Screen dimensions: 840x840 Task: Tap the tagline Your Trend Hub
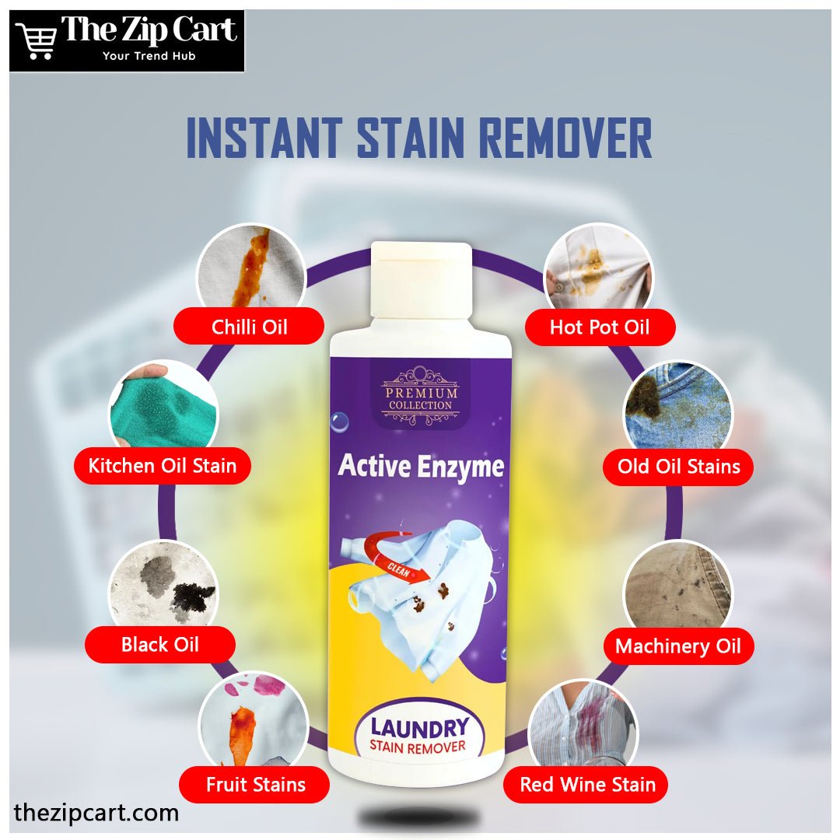click(149, 56)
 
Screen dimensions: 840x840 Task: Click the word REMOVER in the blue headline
click(565, 138)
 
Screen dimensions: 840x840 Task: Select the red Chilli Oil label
click(249, 326)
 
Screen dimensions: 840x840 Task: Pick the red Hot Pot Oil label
click(600, 327)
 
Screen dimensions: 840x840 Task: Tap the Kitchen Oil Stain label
click(163, 466)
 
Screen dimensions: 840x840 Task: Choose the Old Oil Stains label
click(678, 467)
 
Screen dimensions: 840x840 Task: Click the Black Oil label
click(160, 644)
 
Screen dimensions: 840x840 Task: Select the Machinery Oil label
click(678, 646)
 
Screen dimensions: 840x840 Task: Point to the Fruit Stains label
click(254, 784)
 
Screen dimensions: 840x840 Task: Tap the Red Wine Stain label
click(586, 784)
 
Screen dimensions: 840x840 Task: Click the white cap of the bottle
click(422, 280)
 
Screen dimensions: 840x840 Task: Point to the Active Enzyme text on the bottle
click(421, 466)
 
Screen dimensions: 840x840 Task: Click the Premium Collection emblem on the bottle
click(421, 396)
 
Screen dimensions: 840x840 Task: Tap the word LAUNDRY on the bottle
click(419, 727)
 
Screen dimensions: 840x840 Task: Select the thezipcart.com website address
click(96, 813)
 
